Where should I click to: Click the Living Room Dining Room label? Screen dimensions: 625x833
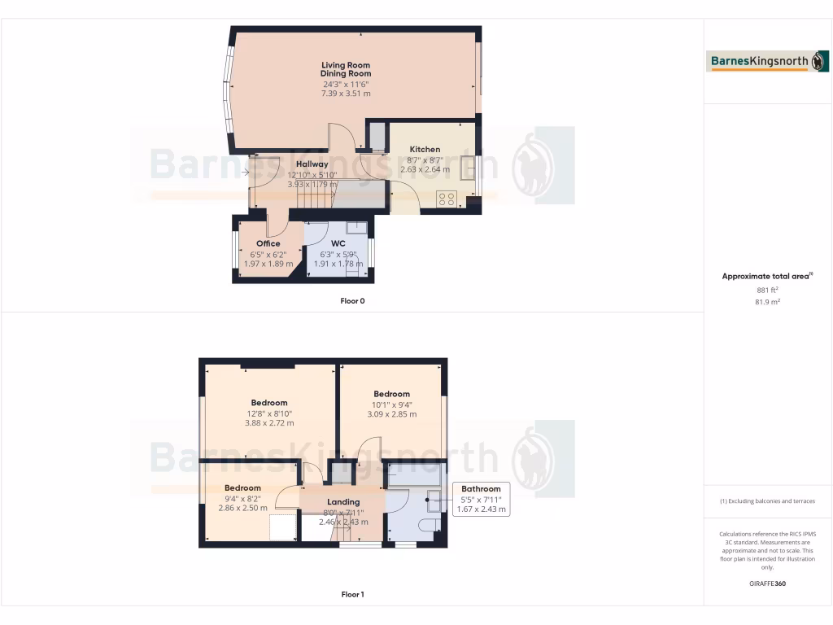(x=346, y=69)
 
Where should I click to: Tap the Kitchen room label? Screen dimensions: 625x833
(x=425, y=150)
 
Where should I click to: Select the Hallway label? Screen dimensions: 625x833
(x=312, y=164)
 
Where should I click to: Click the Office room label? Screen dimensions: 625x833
(x=268, y=243)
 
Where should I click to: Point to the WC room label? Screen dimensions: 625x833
(x=338, y=243)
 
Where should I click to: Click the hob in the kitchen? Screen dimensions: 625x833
(x=446, y=199)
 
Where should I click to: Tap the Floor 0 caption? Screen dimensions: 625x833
(x=352, y=301)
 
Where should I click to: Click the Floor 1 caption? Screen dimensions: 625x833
(x=352, y=595)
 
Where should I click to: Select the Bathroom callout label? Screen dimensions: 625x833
(x=481, y=489)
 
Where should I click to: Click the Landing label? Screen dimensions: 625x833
(x=343, y=502)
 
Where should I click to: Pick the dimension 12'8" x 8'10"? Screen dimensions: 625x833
(x=269, y=413)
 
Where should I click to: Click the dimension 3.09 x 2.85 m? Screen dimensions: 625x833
(x=392, y=414)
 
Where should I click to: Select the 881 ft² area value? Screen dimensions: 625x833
(x=768, y=290)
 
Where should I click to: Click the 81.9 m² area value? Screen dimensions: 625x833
(x=768, y=302)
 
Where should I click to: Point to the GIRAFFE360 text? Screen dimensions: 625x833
(x=768, y=583)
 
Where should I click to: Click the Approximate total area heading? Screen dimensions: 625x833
(x=766, y=277)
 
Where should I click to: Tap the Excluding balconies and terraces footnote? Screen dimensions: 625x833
(x=768, y=501)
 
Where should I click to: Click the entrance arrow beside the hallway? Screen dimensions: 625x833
(x=246, y=172)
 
